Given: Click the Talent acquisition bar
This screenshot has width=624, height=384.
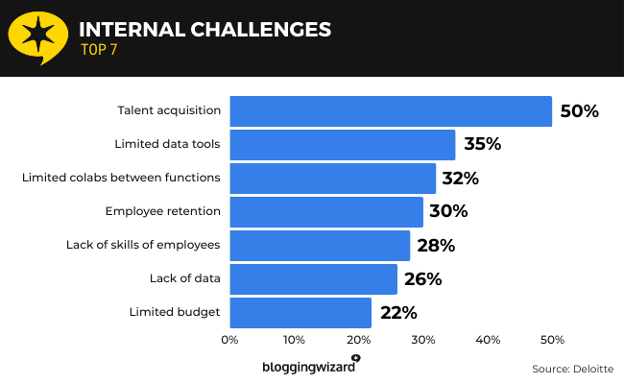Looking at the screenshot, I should coord(391,111).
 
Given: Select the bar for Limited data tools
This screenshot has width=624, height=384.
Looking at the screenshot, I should coord(343,145).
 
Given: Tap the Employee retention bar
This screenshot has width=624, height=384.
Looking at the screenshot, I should coord(326,211).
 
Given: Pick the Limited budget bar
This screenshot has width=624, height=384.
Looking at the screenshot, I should coord(300,312).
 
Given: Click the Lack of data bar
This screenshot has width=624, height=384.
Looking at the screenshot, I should coord(314,278).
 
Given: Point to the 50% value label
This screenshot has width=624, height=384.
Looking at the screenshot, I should coord(579,111).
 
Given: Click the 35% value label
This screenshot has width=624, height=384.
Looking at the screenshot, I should coord(482,145).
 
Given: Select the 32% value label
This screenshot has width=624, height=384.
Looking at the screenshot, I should coord(460,178).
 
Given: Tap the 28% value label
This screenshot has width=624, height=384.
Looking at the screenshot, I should coord(436,245).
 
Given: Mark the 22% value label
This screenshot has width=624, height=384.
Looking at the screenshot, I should coord(397,312).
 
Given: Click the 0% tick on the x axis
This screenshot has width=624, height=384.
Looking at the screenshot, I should coord(229,339).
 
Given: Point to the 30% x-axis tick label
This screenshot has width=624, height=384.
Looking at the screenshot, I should coord(423,339).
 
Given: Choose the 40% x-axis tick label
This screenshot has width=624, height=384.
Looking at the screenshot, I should coord(488,339).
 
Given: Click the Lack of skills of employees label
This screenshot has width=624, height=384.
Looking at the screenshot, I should coord(144,245).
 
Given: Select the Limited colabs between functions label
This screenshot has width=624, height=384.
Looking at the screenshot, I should coord(121,178).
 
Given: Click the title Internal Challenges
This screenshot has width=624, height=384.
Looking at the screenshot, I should coord(204,29).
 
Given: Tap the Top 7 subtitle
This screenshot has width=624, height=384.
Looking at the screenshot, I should coord(100,52).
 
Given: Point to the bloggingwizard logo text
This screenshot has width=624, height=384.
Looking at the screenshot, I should coord(308,367).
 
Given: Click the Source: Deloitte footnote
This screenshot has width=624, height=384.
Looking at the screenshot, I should coord(571,369).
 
